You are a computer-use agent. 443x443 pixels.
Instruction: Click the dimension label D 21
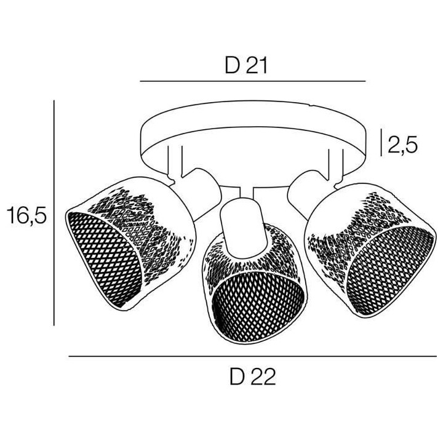[x=245, y=66]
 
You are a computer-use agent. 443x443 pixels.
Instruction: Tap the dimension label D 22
[x=253, y=377]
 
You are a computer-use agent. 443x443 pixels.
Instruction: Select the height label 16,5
[x=26, y=215]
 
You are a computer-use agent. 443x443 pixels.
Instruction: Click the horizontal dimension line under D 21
[x=253, y=81]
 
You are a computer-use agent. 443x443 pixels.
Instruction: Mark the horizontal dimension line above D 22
[x=253, y=356]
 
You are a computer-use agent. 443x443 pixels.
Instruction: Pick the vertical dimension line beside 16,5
[x=54, y=213]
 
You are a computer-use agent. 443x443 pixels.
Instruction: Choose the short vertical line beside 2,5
[x=381, y=142]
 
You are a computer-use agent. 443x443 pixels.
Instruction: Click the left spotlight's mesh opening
[x=105, y=258]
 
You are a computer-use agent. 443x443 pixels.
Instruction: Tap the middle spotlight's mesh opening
[x=258, y=306]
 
